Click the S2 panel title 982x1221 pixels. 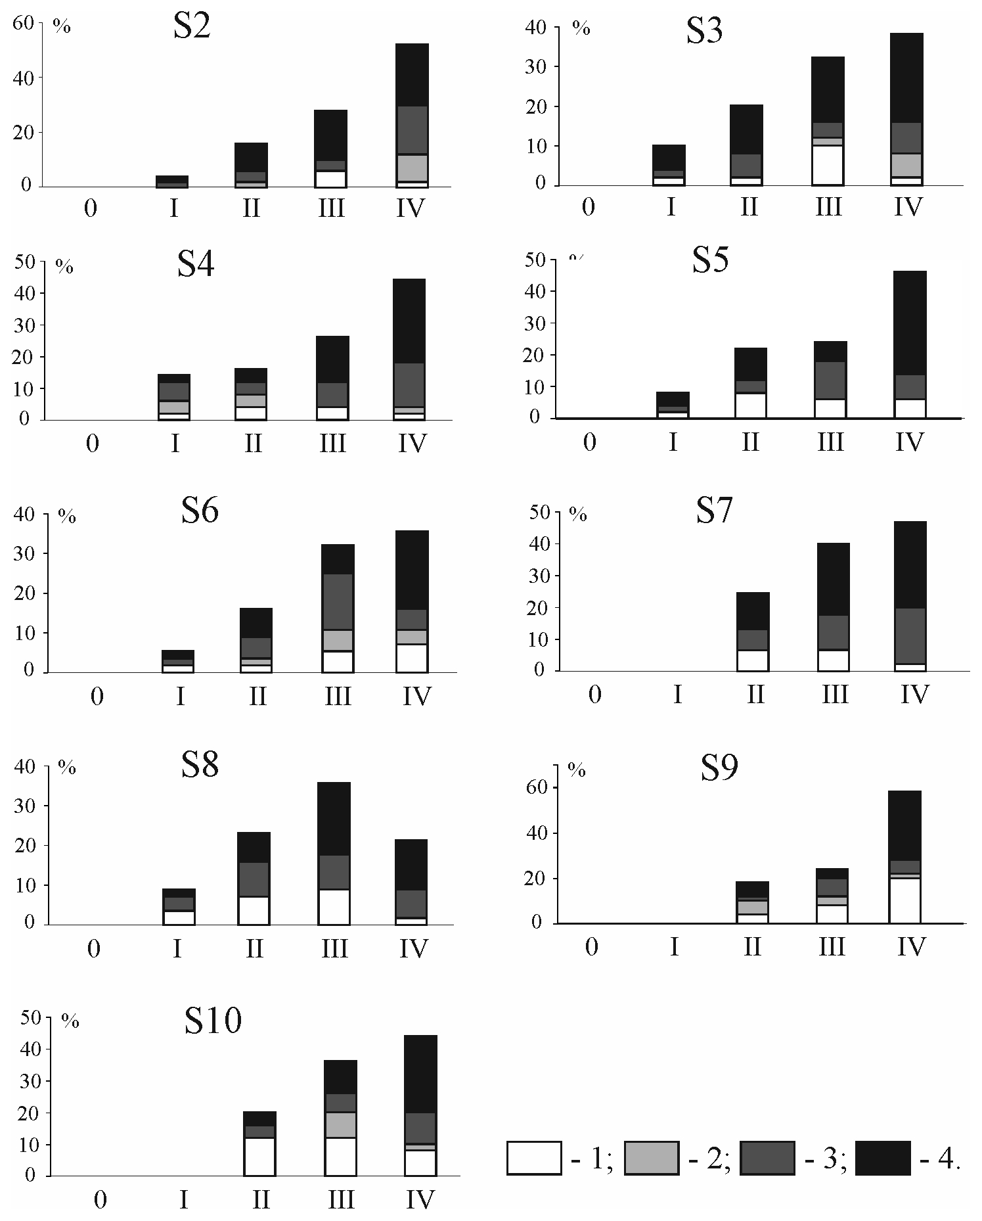pyautogui.click(x=192, y=28)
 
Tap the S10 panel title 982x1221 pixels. pyautogui.click(x=213, y=1021)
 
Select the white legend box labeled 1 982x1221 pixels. pyautogui.click(x=534, y=1157)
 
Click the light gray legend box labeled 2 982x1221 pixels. pyautogui.click(x=651, y=1157)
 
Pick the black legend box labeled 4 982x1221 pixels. pyautogui.click(x=883, y=1157)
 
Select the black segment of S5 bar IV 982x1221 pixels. pyautogui.click(x=910, y=323)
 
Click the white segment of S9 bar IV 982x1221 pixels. pyautogui.click(x=904, y=900)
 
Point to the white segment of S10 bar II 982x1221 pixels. pyautogui.click(x=259, y=1156)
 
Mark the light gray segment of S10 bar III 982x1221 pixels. pyautogui.click(x=340, y=1124)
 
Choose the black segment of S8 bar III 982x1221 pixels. pyautogui.click(x=334, y=818)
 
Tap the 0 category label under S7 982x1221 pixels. pyautogui.click(x=594, y=694)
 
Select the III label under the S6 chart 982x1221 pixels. pyautogui.click(x=338, y=695)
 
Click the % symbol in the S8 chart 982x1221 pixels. pyautogui.click(x=67, y=767)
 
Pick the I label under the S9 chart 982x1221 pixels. pyautogui.click(x=673, y=946)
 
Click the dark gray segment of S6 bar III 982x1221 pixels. pyautogui.click(x=338, y=601)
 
